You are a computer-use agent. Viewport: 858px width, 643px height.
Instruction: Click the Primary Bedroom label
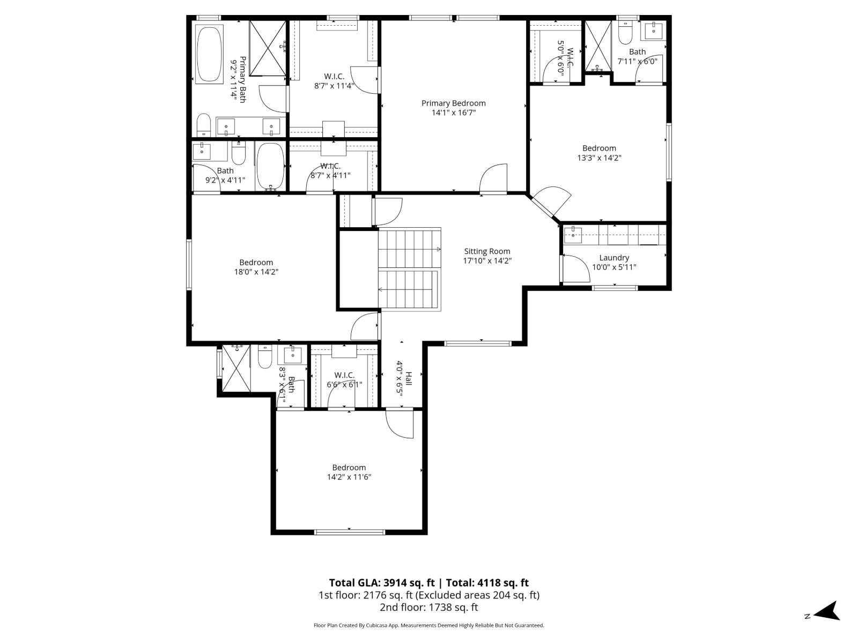coord(453,103)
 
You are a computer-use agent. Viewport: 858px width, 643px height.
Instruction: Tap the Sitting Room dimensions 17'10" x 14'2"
coord(487,261)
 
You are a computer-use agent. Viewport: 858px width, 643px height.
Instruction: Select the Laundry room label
coord(614,258)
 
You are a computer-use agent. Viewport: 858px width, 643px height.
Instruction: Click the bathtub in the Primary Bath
coord(209,55)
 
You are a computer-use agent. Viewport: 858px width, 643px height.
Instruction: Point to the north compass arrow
coord(827,611)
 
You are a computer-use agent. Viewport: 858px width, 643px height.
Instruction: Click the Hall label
coord(408,378)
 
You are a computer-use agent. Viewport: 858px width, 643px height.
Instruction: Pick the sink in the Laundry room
coord(573,233)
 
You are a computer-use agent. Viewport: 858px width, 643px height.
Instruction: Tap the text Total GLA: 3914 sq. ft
coord(382,583)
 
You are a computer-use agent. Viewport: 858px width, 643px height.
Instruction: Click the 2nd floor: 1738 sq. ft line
coord(428,607)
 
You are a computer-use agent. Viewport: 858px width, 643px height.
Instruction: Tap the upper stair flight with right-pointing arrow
coord(409,249)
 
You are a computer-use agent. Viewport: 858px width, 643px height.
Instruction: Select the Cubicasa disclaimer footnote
coord(428,625)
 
